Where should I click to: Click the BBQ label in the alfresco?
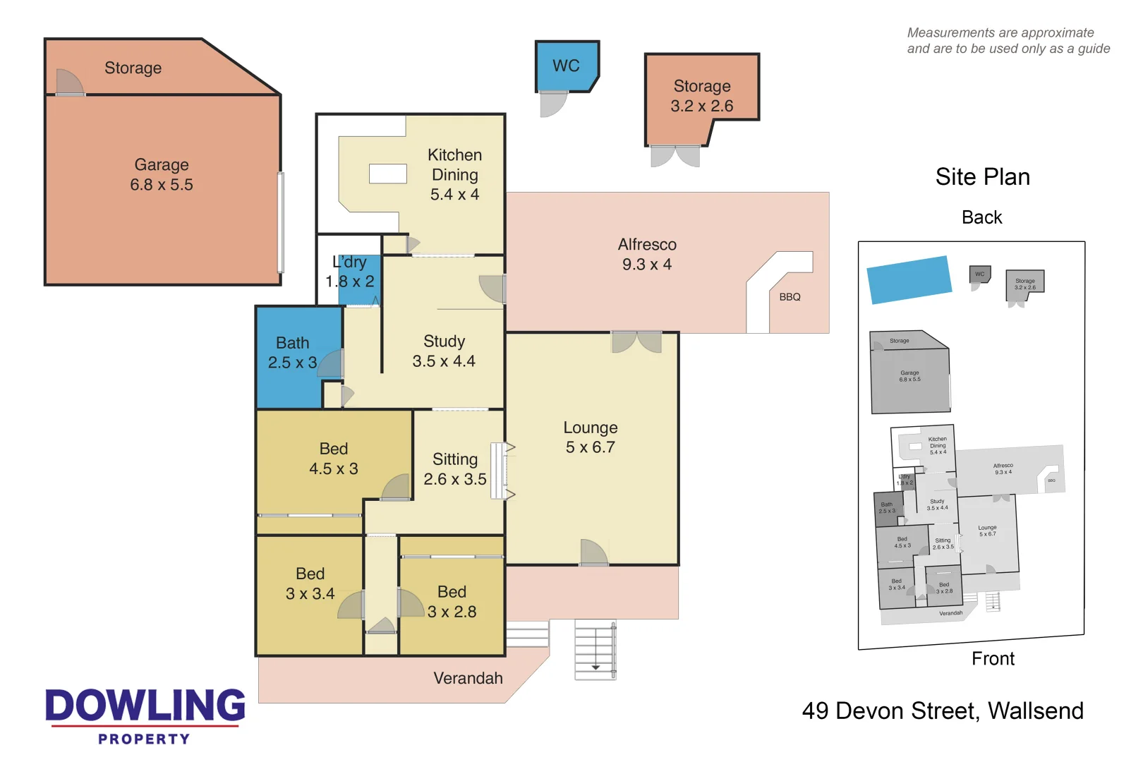pos(790,297)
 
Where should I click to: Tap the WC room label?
pos(566,66)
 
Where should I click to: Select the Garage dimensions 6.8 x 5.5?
pos(162,185)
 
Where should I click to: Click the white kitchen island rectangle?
pos(388,174)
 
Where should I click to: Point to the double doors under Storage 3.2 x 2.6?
pos(675,156)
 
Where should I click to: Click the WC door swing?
pos(552,105)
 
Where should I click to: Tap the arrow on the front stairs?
pos(595,667)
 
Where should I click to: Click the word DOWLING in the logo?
pos(145,706)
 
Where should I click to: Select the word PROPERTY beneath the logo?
pos(145,739)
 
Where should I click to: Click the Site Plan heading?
pos(982,176)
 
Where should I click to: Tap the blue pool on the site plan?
pos(909,279)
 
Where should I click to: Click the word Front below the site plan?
pos(993,658)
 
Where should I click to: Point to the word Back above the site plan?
pos(981,217)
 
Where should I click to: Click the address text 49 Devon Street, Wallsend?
pos(942,710)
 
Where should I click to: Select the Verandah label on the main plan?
pos(468,678)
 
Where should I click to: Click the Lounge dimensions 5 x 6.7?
pos(590,447)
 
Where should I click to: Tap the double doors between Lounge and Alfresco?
pos(636,342)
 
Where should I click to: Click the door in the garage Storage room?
pos(69,83)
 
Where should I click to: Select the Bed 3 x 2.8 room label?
pos(452,602)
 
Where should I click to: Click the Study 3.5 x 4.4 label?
pos(444,351)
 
